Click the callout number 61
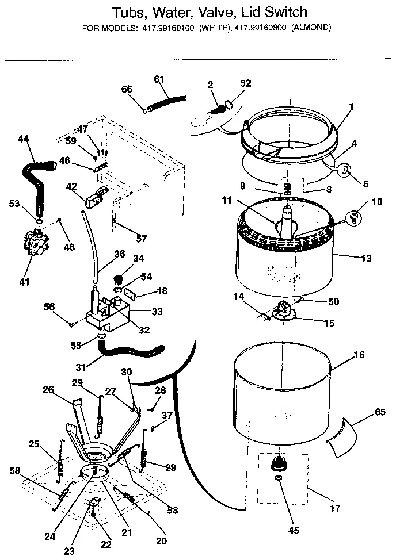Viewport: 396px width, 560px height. (159, 79)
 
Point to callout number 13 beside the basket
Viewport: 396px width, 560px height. (367, 258)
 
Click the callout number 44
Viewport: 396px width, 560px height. (24, 140)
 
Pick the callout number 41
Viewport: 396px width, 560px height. (24, 282)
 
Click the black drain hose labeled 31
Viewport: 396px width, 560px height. (132, 350)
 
